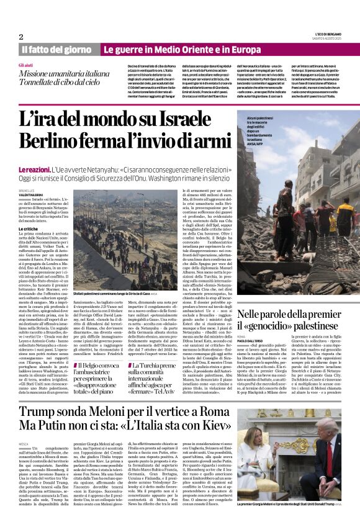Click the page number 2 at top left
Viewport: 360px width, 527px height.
[x=20, y=37]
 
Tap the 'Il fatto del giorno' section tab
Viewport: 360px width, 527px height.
[x=57, y=49]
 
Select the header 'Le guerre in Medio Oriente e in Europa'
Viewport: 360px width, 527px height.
[x=182, y=49]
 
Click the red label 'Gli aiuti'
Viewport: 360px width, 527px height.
[x=26, y=65]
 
